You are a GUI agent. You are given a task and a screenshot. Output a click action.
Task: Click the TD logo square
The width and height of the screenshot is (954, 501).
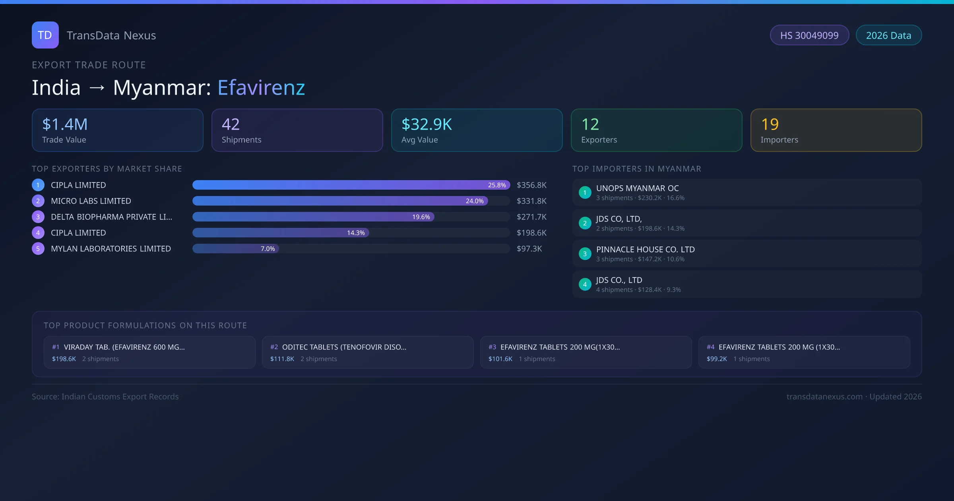45,35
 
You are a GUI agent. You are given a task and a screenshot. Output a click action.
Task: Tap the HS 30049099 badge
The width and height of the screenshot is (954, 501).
809,35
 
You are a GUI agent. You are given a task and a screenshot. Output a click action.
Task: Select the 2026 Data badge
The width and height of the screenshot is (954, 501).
888,35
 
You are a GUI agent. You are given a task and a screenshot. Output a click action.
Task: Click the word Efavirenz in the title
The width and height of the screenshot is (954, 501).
261,87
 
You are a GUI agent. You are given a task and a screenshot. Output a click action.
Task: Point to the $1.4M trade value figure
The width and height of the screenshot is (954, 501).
65,124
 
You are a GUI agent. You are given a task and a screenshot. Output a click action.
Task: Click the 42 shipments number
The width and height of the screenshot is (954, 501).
231,124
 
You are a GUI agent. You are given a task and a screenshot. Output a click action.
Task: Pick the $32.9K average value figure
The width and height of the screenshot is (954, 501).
427,124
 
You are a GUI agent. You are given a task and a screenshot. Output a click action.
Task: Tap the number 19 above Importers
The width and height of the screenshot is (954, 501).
770,124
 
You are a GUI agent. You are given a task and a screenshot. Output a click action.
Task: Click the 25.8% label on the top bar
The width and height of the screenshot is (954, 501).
497,185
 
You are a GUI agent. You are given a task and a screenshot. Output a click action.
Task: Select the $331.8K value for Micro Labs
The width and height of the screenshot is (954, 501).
531,201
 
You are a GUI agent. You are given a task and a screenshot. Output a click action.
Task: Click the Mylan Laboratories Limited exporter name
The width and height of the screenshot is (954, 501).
111,249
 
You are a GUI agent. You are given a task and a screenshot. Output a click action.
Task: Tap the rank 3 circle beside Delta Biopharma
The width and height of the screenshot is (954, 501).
38,217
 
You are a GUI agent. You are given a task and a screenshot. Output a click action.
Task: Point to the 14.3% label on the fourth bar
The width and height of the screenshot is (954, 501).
356,233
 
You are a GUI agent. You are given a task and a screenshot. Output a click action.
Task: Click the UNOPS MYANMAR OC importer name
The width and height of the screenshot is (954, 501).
637,188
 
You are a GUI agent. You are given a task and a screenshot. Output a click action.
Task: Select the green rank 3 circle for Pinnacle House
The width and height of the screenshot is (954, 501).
585,254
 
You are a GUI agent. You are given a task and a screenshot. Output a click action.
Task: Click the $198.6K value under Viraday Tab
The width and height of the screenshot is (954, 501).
64,359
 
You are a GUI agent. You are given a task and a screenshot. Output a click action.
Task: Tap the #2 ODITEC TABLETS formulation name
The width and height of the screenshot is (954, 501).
344,347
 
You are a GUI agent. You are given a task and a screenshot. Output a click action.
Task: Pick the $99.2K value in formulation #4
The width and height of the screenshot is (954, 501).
717,359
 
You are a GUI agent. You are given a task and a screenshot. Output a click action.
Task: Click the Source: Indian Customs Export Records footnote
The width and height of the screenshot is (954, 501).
105,396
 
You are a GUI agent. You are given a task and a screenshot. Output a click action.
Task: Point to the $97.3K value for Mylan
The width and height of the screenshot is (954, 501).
529,249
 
